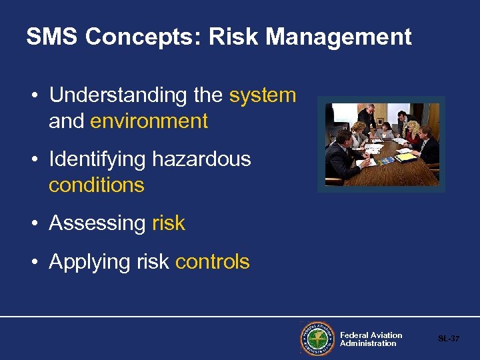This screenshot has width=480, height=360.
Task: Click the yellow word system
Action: click(263, 95)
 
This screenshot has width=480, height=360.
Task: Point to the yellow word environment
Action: click(149, 121)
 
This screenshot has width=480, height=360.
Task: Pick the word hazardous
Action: click(201, 159)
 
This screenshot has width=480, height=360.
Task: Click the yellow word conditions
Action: click(96, 185)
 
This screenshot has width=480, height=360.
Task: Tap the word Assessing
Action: click(97, 223)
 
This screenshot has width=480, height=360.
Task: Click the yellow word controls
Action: click(212, 262)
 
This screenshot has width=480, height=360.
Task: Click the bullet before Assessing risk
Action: click(33, 223)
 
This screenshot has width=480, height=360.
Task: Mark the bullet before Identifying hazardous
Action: click(33, 159)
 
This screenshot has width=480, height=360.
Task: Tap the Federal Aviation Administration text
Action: click(371, 339)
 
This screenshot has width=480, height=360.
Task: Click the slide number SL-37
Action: click(448, 339)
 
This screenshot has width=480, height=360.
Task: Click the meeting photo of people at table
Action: click(381, 145)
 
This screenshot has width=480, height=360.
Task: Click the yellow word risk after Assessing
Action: click(169, 223)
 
